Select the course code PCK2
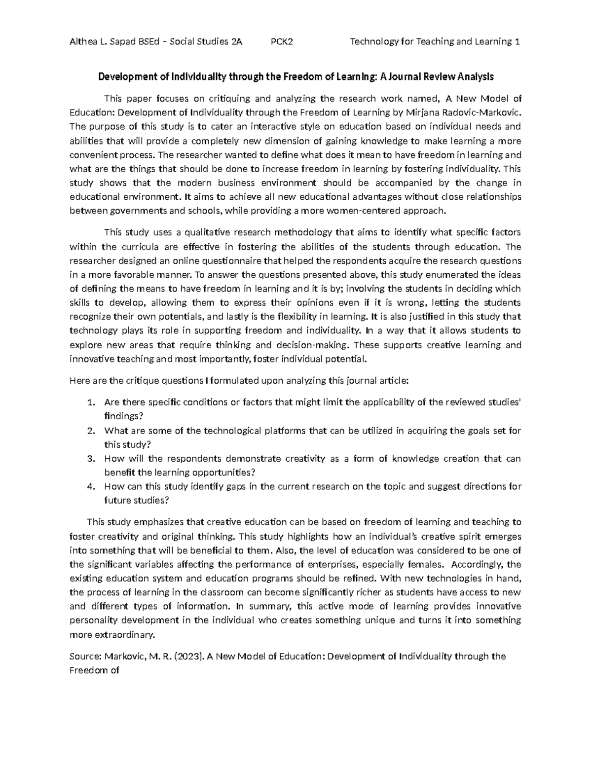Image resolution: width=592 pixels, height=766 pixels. tap(282, 41)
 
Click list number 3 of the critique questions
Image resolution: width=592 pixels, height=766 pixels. tap(90, 459)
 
